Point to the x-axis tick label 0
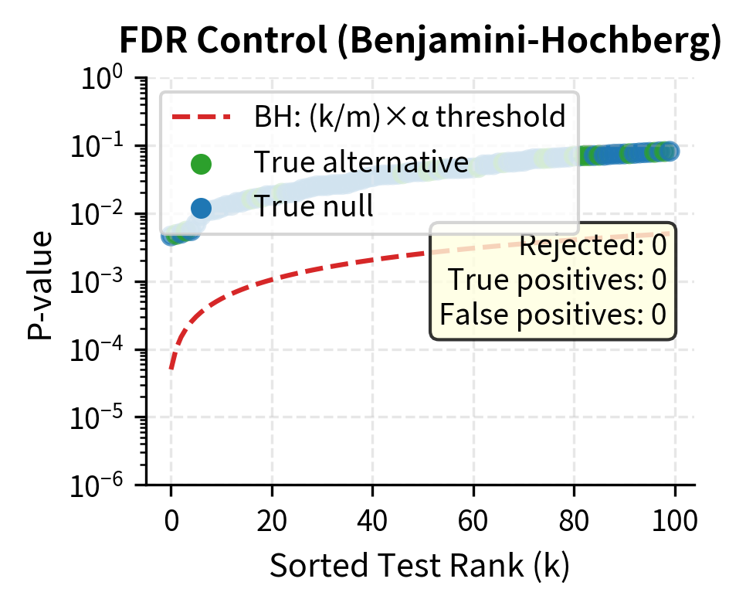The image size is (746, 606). click(x=171, y=519)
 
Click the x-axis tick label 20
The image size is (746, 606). click(x=272, y=519)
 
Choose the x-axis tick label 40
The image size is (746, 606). click(x=372, y=519)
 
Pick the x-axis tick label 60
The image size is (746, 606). click(x=473, y=519)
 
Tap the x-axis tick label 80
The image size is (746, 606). click(x=574, y=519)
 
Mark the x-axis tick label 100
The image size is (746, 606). click(x=675, y=519)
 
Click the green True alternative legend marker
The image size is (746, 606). click(x=201, y=163)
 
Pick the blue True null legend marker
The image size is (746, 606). click(x=201, y=207)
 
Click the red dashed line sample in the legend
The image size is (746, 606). click(x=201, y=118)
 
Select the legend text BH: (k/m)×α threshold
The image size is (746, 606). click(x=410, y=118)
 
